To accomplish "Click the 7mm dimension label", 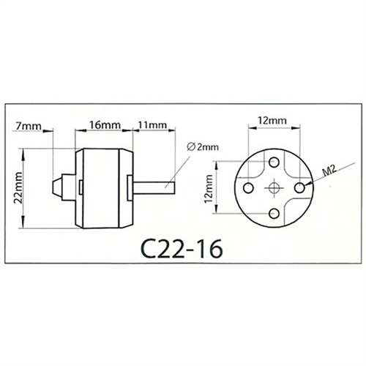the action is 29,126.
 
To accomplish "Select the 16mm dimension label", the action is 105,125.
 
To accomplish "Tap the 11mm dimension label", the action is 152,125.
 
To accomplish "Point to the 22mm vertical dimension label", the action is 18,188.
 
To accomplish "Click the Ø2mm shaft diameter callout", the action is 203,147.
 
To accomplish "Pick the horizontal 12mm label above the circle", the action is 272,120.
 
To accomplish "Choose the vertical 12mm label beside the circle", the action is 209,189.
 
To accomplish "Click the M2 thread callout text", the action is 329,170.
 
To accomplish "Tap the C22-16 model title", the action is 182,248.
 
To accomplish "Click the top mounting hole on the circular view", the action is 274,162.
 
